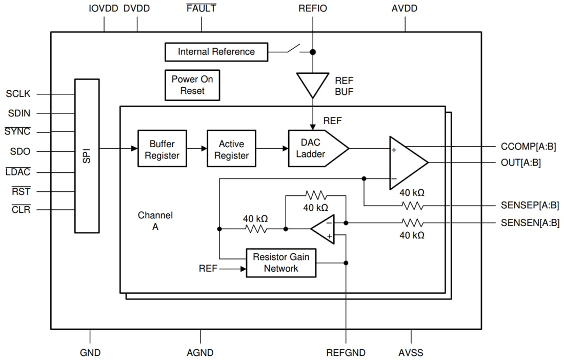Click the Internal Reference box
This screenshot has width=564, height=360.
216,52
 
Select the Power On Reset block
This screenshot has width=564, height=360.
192,85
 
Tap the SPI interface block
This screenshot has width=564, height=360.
87,156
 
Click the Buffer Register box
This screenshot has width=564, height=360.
162,149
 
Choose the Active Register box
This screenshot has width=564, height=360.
231,149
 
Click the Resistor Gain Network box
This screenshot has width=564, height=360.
281,263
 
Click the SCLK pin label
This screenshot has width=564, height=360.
18,94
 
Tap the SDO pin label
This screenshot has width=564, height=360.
20,152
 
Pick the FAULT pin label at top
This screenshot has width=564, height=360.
201,9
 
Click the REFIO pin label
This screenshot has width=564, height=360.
313,9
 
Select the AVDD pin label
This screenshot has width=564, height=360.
405,9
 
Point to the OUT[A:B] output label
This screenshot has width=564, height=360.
520,163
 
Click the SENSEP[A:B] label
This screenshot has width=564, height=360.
530,206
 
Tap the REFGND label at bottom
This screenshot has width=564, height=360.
346,353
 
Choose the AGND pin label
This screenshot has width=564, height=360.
200,353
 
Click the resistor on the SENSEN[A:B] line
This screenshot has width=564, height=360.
412,223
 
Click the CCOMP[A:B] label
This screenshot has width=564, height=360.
528,147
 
